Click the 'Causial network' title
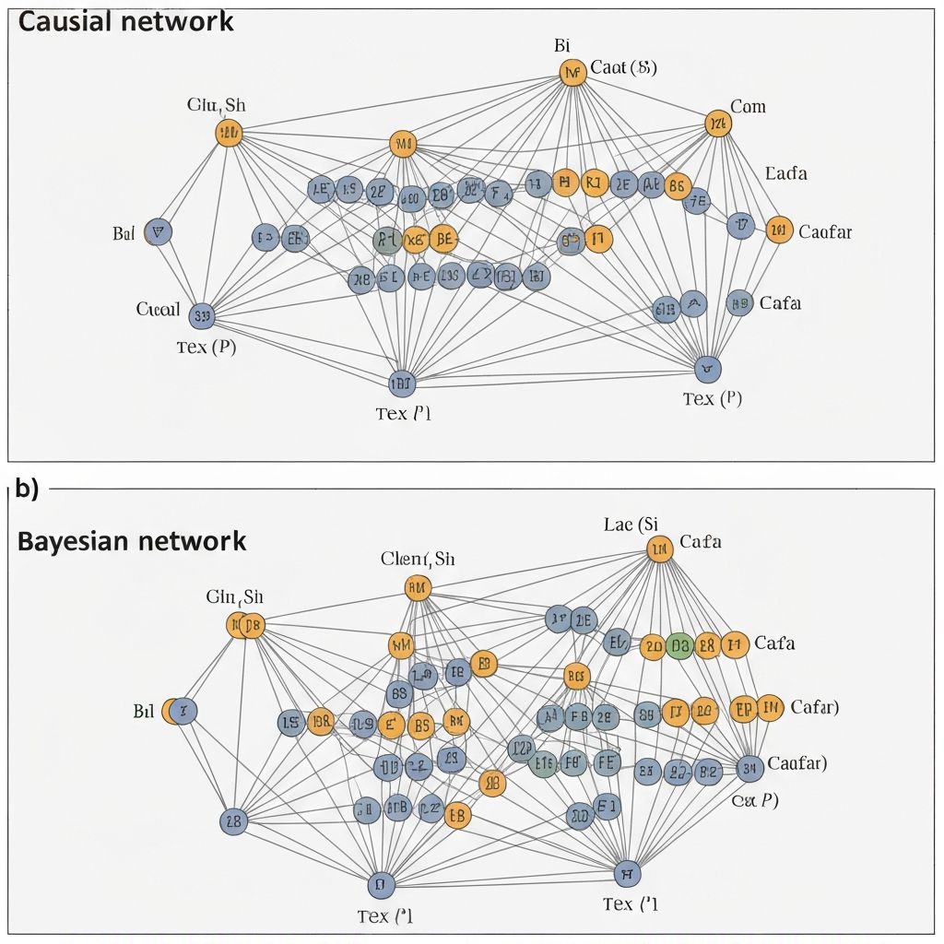click(x=125, y=22)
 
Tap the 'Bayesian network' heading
click(x=132, y=541)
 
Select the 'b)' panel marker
click(x=27, y=490)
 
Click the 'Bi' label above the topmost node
click(x=563, y=45)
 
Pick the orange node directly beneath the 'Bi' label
click(x=572, y=73)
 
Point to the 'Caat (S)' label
click(x=623, y=67)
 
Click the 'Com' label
click(x=748, y=107)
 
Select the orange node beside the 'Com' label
click(x=717, y=124)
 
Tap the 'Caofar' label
click(x=825, y=231)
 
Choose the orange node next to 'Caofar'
click(x=779, y=230)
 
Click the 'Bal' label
click(x=124, y=233)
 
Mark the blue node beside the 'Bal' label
click(x=158, y=232)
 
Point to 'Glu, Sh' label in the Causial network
click(x=217, y=104)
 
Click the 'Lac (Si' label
click(x=631, y=525)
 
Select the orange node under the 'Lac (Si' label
click(x=659, y=550)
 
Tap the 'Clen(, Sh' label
click(x=418, y=559)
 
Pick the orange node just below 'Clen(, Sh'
click(x=418, y=587)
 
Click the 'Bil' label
click(x=144, y=712)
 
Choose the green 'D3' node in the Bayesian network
click(x=679, y=645)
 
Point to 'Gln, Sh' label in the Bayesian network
click(x=234, y=597)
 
